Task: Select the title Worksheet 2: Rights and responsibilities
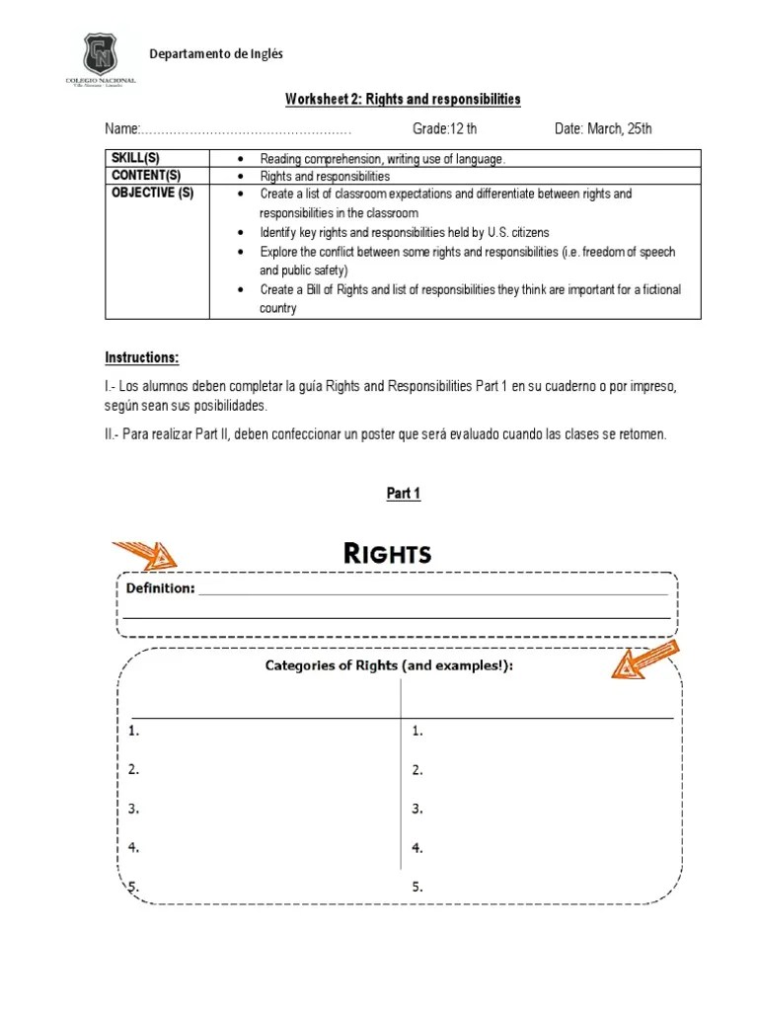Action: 403,101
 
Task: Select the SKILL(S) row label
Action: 134,158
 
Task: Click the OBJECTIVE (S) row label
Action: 152,193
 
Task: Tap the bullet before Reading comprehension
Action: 241,159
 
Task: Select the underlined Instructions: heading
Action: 142,356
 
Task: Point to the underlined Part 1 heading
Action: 403,494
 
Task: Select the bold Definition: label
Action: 161,589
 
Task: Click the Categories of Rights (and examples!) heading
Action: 389,665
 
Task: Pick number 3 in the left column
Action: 133,809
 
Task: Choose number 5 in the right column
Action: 417,887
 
